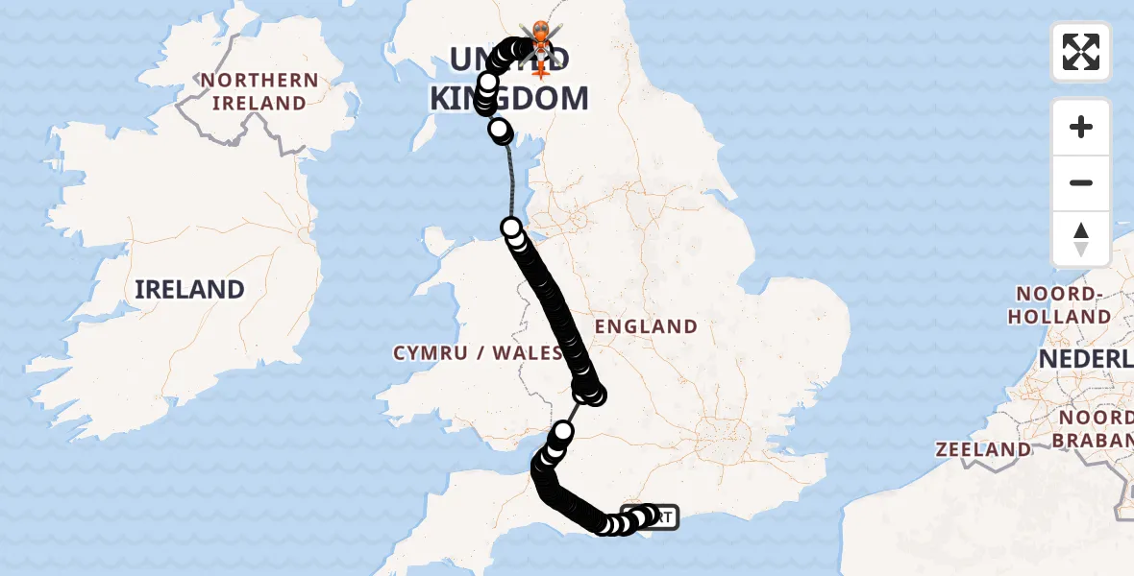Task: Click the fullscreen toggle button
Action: (1081, 52)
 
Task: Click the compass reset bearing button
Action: (1081, 239)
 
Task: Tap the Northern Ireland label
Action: (259, 91)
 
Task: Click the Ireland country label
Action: (189, 289)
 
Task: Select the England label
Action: (646, 326)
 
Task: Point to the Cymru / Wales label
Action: (478, 353)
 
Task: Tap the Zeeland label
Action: (983, 449)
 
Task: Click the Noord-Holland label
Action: (1061, 305)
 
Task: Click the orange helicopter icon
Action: (540, 36)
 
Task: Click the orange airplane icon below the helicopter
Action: (540, 67)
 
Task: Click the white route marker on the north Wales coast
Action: (511, 228)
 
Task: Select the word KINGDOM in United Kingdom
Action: (508, 98)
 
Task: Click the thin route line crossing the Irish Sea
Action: (509, 182)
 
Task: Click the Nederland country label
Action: (1086, 360)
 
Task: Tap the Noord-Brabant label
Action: (1096, 429)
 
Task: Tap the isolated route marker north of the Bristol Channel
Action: (563, 431)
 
